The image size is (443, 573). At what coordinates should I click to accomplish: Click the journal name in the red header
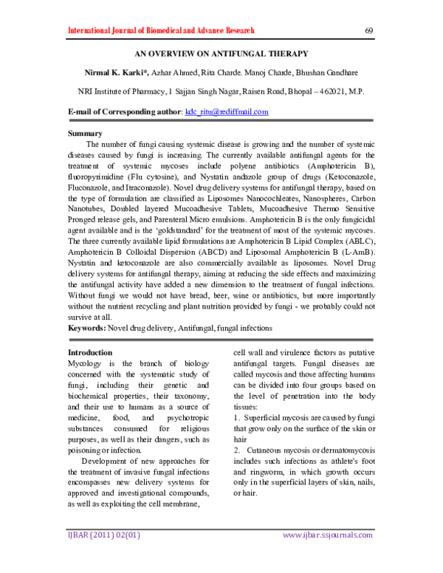pos(160,31)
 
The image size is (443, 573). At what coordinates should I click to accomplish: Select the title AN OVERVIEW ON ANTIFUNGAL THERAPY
pos(221,54)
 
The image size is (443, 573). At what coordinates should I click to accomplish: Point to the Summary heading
pos(85,133)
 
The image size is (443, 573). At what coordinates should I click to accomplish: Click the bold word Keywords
pos(86,327)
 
